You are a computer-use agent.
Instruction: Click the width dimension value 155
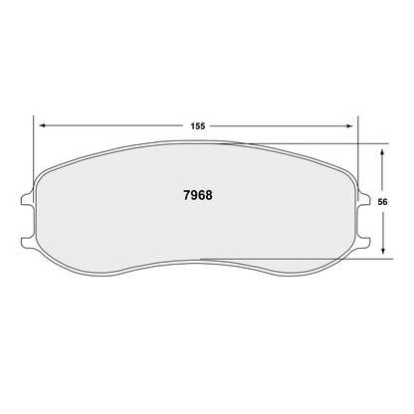pos(199,126)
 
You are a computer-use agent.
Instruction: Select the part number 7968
pos(198,195)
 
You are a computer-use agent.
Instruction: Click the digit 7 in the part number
pos(187,195)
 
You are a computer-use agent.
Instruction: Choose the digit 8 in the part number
pos(209,195)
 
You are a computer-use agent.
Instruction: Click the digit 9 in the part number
pos(194,195)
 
